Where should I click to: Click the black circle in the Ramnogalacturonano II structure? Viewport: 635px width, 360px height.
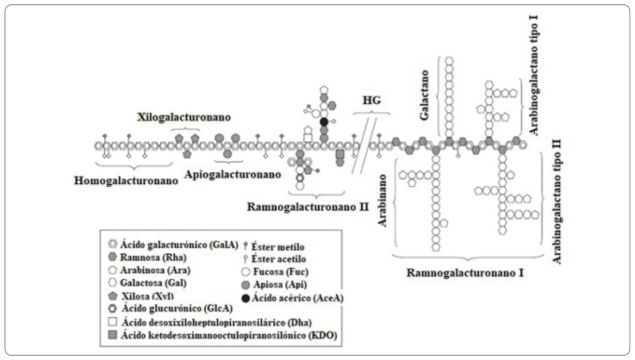click(x=324, y=121)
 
